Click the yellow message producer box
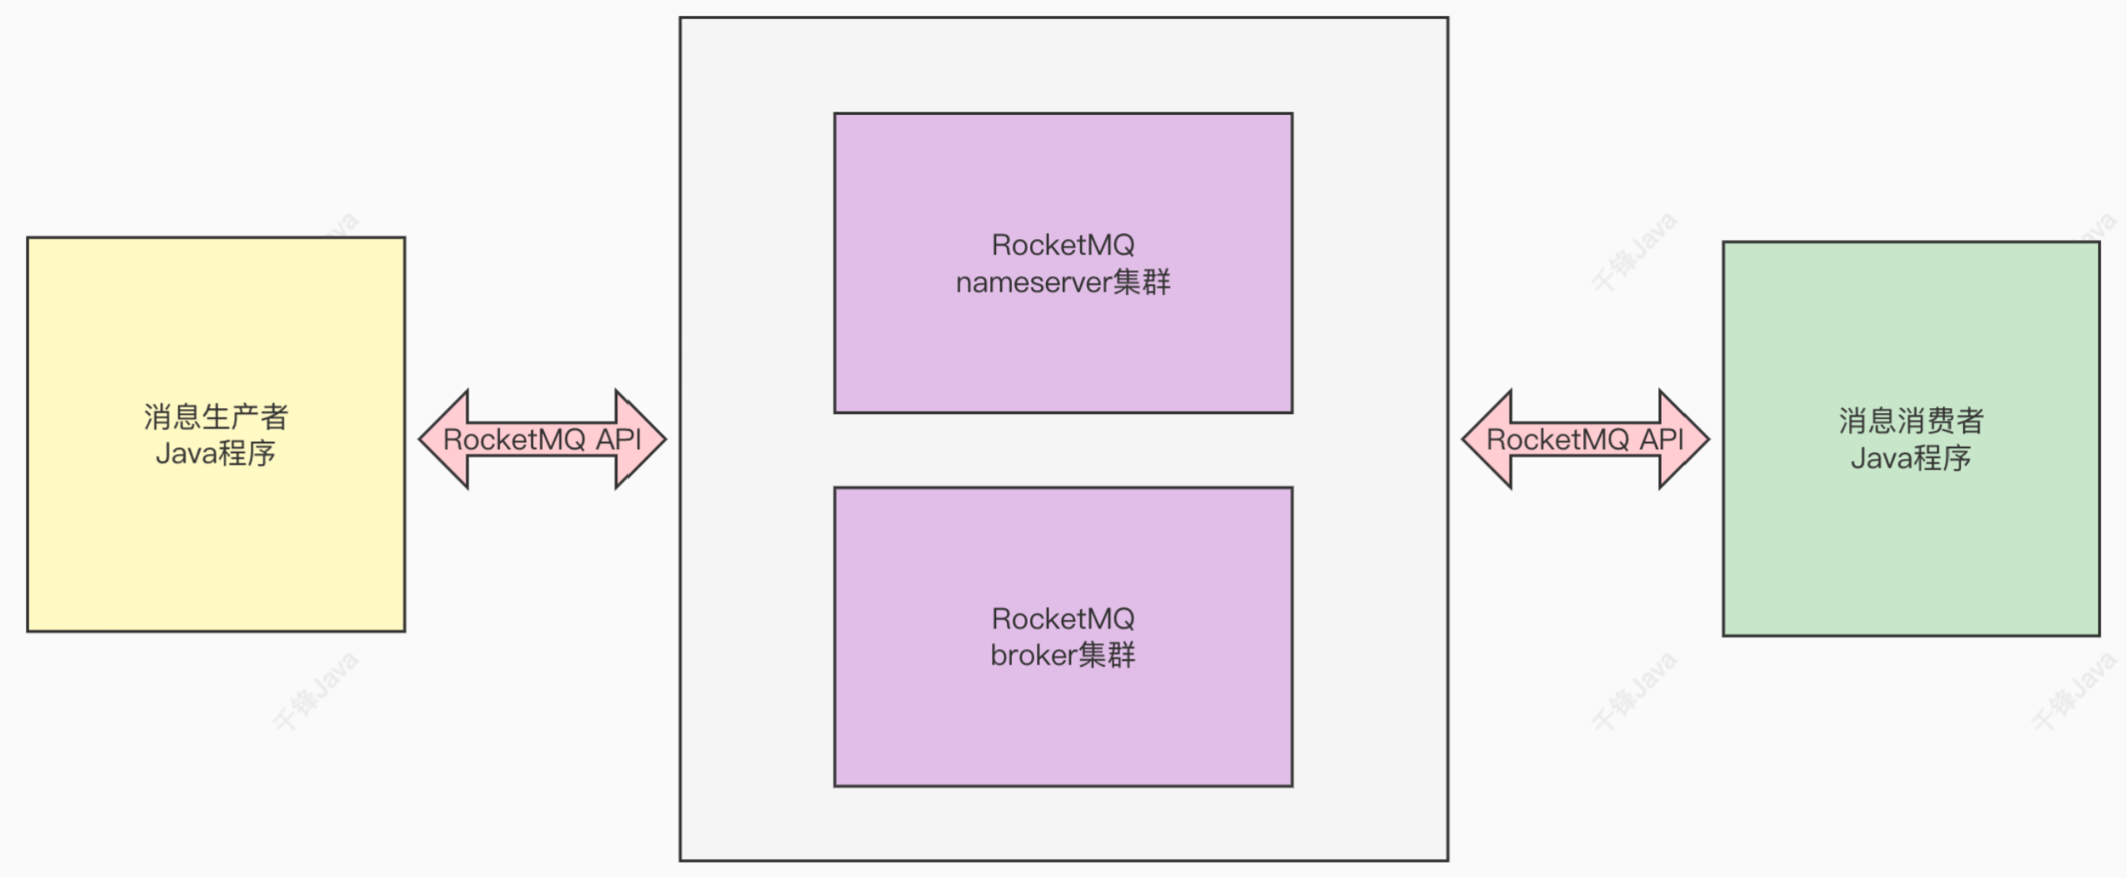coord(216,541)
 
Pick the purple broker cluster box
coord(1063,725)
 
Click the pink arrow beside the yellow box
coord(542,439)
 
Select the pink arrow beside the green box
coord(1585,439)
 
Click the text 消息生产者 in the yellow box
coord(216,417)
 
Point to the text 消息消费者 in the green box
coord(1910,421)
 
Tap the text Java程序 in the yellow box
coord(216,454)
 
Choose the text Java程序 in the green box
coord(1910,458)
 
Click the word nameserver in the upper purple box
coord(1033,283)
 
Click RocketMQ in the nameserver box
coord(1063,245)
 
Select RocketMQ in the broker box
coord(1063,619)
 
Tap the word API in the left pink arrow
coord(618,439)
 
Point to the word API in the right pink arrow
coord(1661,439)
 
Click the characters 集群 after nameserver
coord(1141,283)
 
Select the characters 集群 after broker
coord(1106,656)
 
